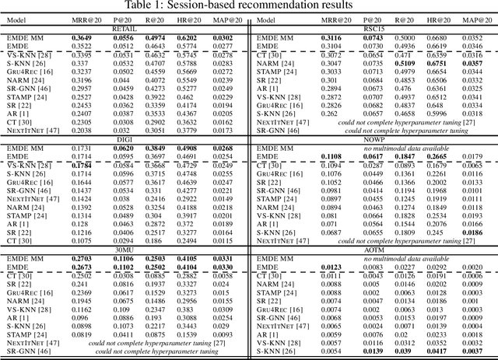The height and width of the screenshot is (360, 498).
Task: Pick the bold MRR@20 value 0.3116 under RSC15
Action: point(331,37)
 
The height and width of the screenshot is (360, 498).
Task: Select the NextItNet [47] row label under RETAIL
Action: point(28,121)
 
